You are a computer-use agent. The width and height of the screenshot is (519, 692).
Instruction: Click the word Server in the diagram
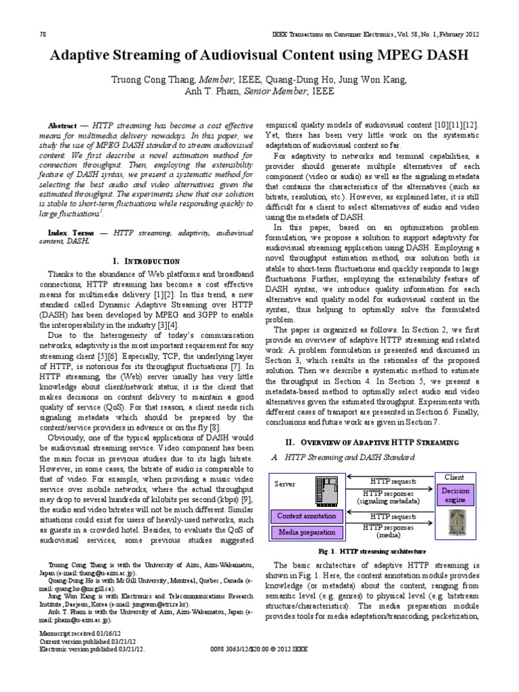tap(287, 485)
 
